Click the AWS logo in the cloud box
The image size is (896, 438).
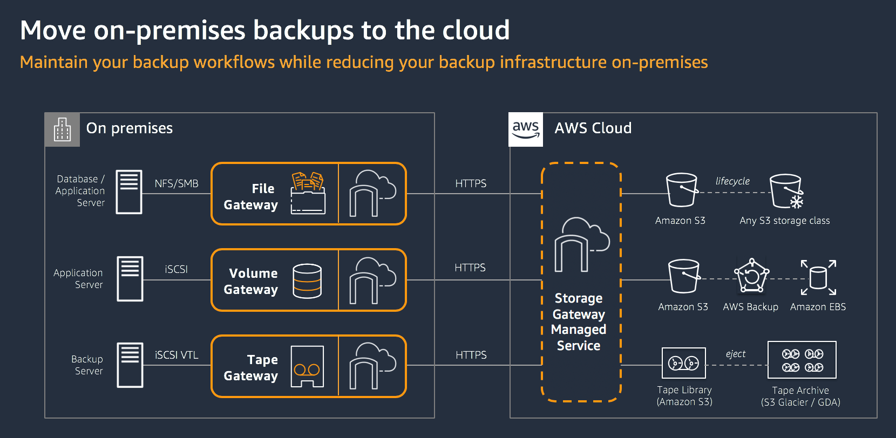point(526,129)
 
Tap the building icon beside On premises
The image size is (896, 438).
point(62,129)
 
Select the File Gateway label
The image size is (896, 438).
point(251,196)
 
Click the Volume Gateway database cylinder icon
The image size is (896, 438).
point(307,281)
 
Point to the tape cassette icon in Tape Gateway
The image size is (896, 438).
point(307,367)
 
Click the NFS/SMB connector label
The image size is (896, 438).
point(177,183)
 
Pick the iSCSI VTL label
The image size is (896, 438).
point(177,355)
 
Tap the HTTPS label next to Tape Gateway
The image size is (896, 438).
point(471,355)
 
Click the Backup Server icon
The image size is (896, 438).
point(130,365)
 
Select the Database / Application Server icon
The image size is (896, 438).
point(129,192)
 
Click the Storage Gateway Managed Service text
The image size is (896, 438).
point(579,322)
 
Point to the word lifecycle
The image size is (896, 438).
point(732,181)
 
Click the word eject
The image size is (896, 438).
point(736,354)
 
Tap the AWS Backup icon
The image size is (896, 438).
point(751,276)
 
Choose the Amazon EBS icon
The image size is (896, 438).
point(818,278)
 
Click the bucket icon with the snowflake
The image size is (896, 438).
point(786,191)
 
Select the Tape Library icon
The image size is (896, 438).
point(684,363)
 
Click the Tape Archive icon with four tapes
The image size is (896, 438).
point(802,360)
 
